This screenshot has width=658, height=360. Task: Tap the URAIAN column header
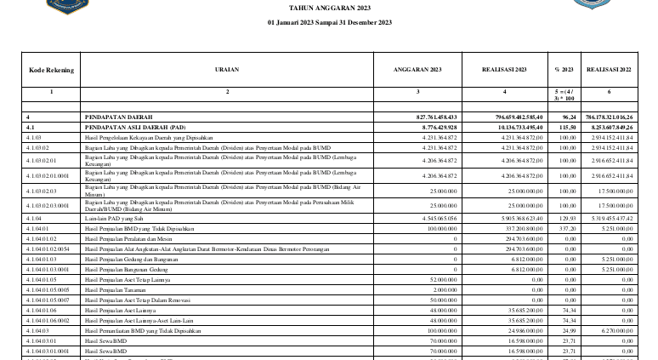(x=228, y=69)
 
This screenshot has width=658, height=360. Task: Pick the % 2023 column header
(x=563, y=69)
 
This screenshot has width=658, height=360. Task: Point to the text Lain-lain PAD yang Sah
(x=116, y=218)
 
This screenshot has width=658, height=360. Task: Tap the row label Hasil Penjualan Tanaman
(x=119, y=289)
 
